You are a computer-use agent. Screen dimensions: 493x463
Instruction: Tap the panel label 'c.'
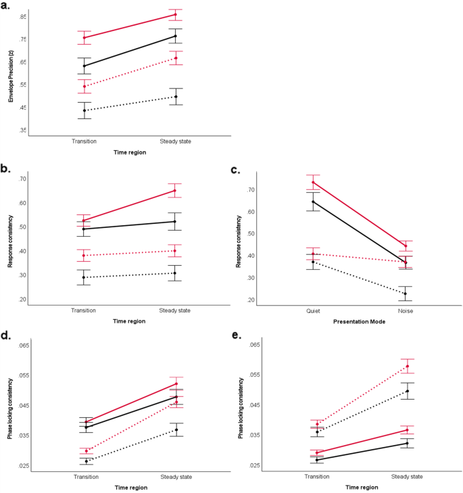[x=235, y=171]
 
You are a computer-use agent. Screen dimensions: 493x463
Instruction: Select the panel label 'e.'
[x=235, y=336]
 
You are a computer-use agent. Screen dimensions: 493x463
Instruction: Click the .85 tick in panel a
[x=23, y=16]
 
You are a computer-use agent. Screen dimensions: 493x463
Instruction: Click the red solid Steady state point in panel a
[x=176, y=15]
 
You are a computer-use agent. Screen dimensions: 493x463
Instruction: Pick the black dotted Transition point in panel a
[x=84, y=110]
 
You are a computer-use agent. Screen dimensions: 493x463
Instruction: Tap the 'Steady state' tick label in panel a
[x=176, y=141]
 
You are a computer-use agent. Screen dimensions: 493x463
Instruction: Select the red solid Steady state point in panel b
[x=176, y=191]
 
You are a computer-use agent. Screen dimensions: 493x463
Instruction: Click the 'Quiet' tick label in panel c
[x=313, y=312]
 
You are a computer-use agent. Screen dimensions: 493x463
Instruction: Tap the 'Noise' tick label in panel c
[x=406, y=312]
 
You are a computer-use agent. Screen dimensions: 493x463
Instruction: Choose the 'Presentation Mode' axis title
[x=359, y=322]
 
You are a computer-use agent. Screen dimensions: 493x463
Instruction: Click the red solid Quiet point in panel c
[x=313, y=183]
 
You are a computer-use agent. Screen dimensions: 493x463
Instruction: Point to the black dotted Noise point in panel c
[x=406, y=294]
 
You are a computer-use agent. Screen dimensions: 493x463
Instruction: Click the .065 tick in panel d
[x=22, y=345]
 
